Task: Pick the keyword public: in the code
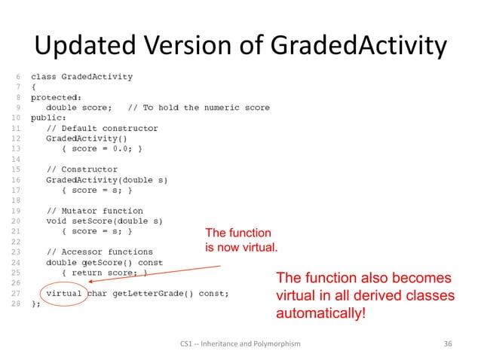coord(49,118)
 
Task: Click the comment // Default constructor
coord(102,129)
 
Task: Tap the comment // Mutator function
coord(94,211)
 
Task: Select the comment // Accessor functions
coord(100,252)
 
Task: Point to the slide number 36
coord(448,344)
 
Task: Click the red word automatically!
coord(321,313)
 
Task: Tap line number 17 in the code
coord(17,191)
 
